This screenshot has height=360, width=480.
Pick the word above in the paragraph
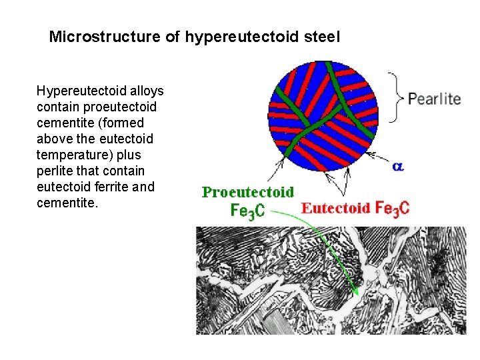[53, 139]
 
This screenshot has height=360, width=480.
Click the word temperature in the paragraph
[71, 155]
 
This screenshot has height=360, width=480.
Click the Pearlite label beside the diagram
[434, 99]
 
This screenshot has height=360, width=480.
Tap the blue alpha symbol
[398, 166]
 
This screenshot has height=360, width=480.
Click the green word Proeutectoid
[248, 192]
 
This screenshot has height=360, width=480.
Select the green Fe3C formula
[247, 210]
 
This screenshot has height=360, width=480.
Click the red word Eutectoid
[335, 207]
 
